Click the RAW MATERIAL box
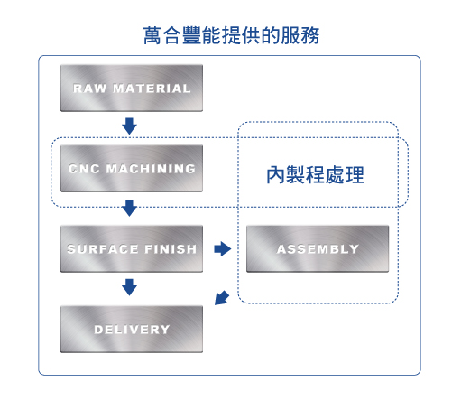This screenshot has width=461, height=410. pos(132,89)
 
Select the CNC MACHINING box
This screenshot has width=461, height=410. pos(132,169)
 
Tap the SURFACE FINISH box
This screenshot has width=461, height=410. pos(132,249)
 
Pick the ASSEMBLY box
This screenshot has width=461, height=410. pos(318,249)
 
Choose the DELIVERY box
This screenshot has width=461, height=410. pos(132,330)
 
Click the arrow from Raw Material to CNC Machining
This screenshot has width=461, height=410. pos(130,126)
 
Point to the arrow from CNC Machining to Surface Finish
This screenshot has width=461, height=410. pos(130,208)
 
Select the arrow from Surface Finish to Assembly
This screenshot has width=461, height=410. pos(223,249)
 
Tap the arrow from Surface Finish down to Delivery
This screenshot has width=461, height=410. pos(130,287)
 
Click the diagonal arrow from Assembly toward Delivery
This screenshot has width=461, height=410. pos(222,298)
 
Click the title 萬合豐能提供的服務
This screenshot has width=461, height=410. pos(231,35)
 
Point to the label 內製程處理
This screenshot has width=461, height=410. pos(315,175)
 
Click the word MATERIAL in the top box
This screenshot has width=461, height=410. pos(152,89)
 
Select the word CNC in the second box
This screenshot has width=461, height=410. pos(84,169)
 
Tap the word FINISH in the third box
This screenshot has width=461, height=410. pos(171,249)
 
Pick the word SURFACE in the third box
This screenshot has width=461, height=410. pos(103,249)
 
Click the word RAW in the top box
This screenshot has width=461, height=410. pos(90,89)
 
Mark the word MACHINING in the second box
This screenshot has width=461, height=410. pos(151,169)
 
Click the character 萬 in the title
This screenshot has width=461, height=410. pos(152,35)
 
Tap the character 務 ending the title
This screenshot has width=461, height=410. pos(310,35)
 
